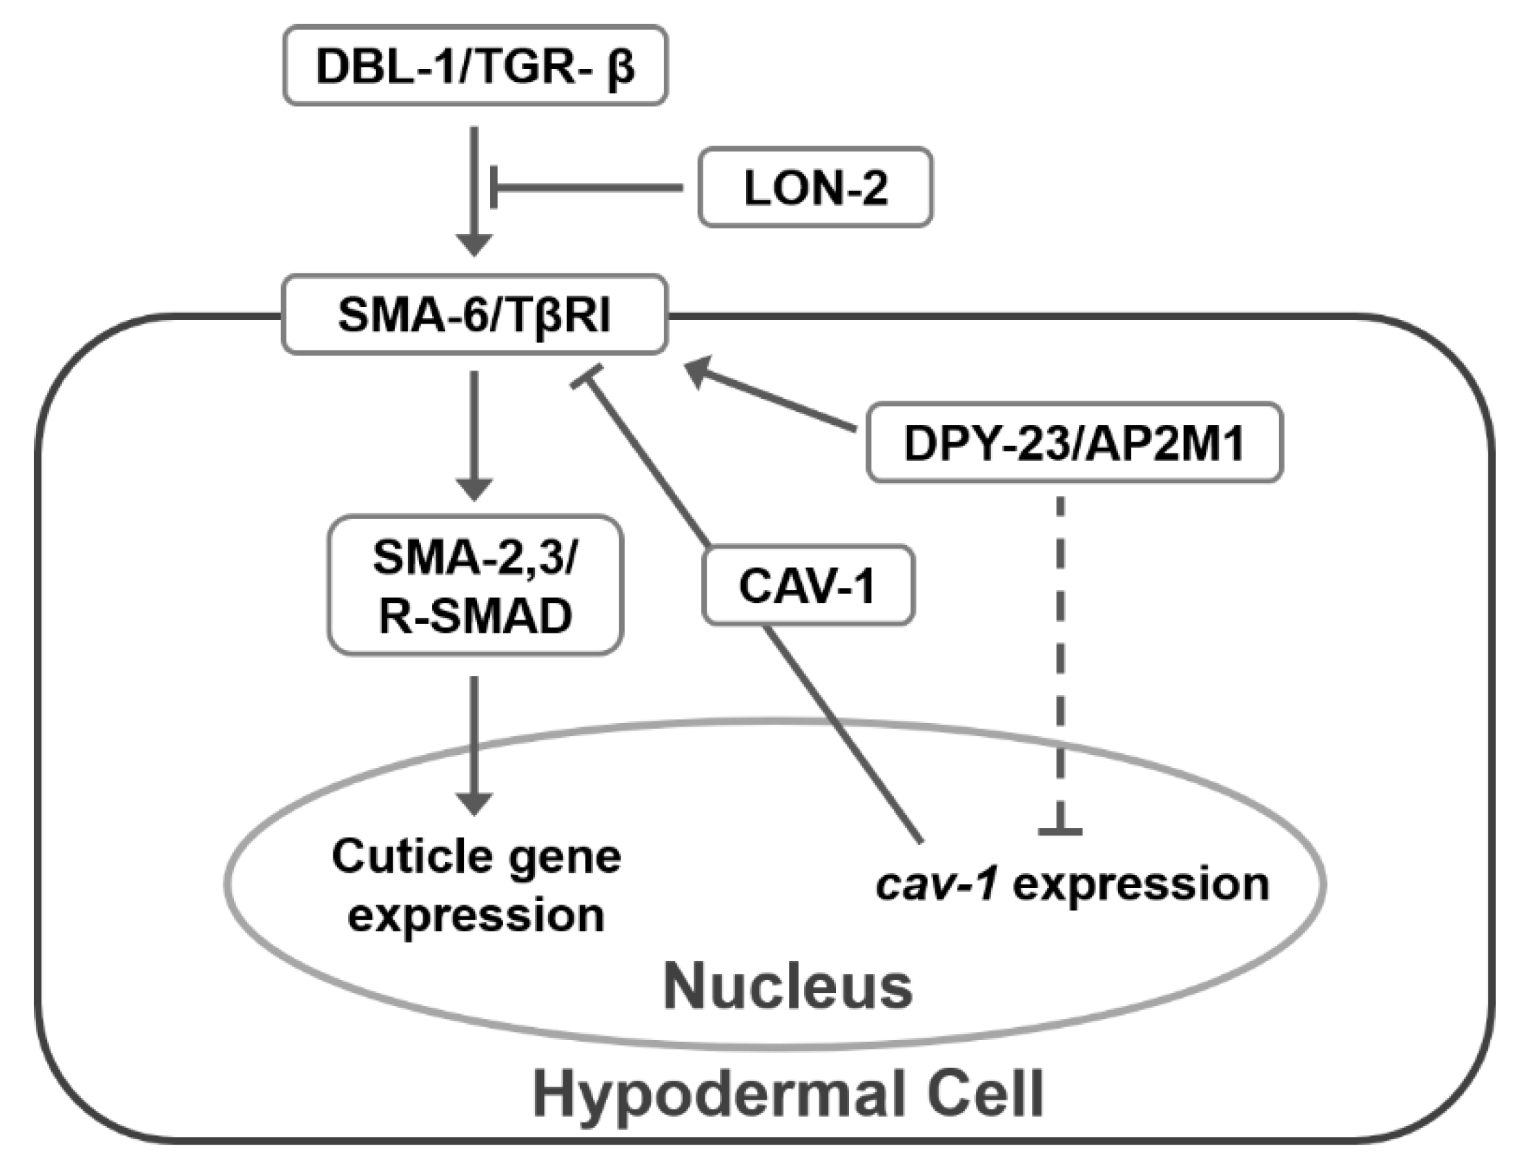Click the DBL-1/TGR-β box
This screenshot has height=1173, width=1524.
pyautogui.click(x=475, y=66)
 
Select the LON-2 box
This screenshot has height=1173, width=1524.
pyautogui.click(x=815, y=188)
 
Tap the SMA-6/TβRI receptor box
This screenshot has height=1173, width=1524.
pyautogui.click(x=474, y=315)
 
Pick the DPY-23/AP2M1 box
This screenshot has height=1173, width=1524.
pyautogui.click(x=1075, y=442)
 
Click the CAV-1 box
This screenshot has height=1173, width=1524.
pyautogui.click(x=808, y=585)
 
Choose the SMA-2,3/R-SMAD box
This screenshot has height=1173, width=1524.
pyautogui.click(x=475, y=585)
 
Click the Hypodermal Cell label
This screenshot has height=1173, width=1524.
pyautogui.click(x=787, y=1095)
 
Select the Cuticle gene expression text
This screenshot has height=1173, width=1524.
pyautogui.click(x=477, y=886)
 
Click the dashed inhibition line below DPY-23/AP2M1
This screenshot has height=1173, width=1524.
pyautogui.click(x=1061, y=662)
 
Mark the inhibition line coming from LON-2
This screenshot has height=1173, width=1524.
pyautogui.click(x=586, y=188)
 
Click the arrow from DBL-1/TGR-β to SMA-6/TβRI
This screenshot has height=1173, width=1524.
pyautogui.click(x=474, y=188)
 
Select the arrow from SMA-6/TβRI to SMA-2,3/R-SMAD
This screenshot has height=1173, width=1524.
pyautogui.click(x=474, y=433)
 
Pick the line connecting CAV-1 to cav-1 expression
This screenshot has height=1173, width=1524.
pyautogui.click(x=844, y=732)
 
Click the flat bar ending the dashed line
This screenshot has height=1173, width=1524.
pyautogui.click(x=1061, y=831)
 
